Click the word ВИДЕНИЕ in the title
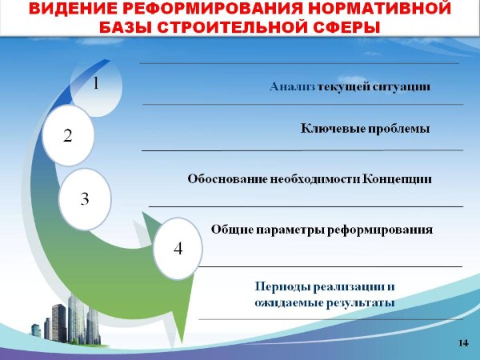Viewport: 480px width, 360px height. coord(73,9)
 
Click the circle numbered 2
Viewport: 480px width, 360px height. coord(68,135)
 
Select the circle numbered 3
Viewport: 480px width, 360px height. coord(85,199)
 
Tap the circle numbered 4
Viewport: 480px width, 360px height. coord(178,248)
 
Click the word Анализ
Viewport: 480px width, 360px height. coord(292,86)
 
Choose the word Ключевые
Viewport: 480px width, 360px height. coord(333,128)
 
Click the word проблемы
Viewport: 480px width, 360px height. coord(398,129)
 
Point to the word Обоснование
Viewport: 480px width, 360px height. coord(227,178)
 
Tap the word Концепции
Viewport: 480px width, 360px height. coord(397,179)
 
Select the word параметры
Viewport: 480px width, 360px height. coord(290,230)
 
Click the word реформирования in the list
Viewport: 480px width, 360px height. coord(380,230)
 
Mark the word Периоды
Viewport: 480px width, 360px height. coord(283,287)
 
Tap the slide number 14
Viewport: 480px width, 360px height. coord(463,343)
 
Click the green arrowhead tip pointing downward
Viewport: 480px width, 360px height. coord(182,343)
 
